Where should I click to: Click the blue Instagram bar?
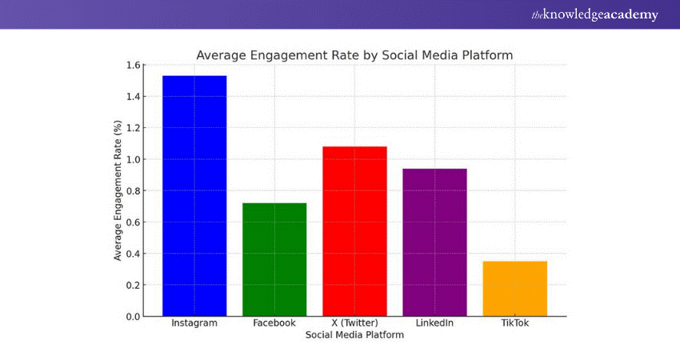(194, 196)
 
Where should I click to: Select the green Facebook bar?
(274, 259)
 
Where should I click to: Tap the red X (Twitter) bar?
(354, 231)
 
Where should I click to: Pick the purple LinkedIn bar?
(434, 242)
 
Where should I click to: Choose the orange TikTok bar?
(514, 289)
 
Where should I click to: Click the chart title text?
(354, 55)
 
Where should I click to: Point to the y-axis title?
(118, 190)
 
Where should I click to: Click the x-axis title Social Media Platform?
(354, 336)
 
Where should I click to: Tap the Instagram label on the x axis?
(194, 323)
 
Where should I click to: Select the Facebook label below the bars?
(274, 323)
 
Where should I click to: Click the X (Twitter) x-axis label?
(354, 323)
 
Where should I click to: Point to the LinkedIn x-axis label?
(434, 323)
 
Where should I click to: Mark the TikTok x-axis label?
(514, 323)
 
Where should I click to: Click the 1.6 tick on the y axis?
(133, 65)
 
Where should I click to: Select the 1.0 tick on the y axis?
(133, 159)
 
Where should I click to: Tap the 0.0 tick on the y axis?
(133, 317)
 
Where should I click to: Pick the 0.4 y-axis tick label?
(133, 254)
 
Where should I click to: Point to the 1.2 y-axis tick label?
(133, 128)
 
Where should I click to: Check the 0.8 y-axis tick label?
(133, 191)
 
